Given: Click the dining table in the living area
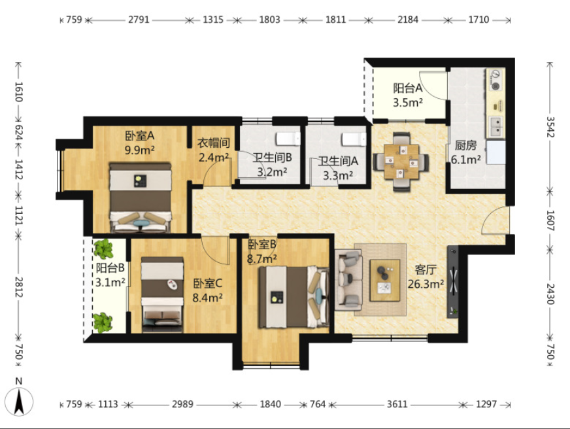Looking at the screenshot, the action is click(x=401, y=162).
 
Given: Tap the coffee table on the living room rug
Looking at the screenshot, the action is click(x=384, y=281).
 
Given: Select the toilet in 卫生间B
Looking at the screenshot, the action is click(x=288, y=139).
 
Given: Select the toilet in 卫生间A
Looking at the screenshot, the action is click(x=354, y=139).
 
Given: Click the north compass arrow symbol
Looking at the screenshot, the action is click(x=19, y=402).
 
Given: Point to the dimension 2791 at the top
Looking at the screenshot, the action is click(x=139, y=19).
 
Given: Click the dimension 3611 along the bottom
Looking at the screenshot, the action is click(x=397, y=404).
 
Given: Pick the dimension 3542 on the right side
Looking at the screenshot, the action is click(x=550, y=127).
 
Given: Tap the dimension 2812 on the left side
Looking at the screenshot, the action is click(x=19, y=287).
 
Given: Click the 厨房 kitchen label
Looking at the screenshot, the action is click(x=465, y=145).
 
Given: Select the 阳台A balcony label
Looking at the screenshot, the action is click(x=407, y=88).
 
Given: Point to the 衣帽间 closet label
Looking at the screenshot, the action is click(x=214, y=143).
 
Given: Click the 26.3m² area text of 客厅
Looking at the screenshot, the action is click(x=426, y=284).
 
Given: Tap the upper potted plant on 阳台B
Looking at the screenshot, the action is click(x=103, y=249).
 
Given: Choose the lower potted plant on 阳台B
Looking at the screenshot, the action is click(x=103, y=323).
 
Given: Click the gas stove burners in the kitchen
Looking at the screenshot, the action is click(x=495, y=80).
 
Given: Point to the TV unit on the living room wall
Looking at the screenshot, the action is click(x=452, y=282).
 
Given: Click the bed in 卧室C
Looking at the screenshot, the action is click(x=162, y=295).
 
